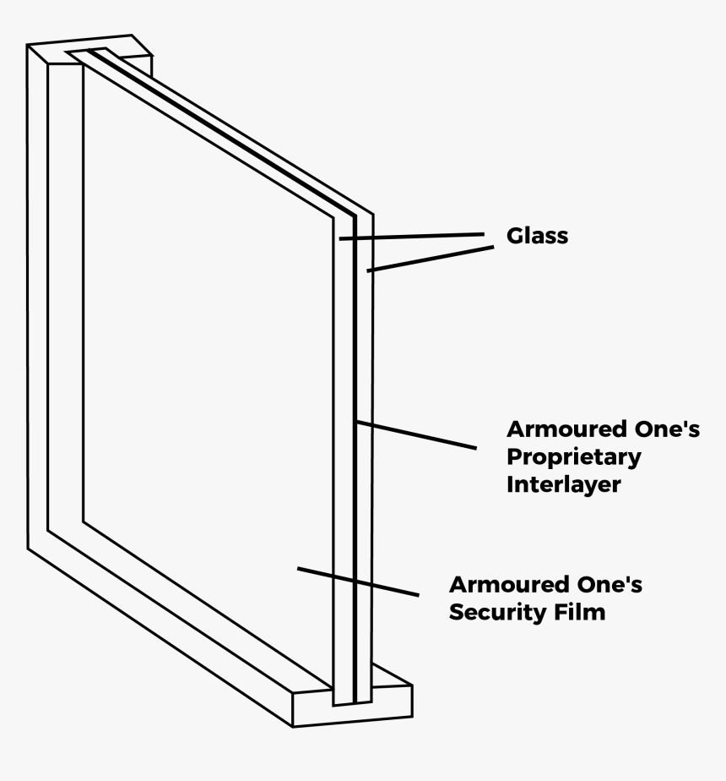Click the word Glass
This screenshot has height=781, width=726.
coord(537,236)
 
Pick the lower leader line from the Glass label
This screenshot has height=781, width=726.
coord(430,259)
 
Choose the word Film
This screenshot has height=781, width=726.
coord(581,612)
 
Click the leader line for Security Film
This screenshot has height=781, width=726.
coord(358,582)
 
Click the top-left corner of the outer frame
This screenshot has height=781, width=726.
coord(29,47)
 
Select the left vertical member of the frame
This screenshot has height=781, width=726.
coord(37,296)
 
